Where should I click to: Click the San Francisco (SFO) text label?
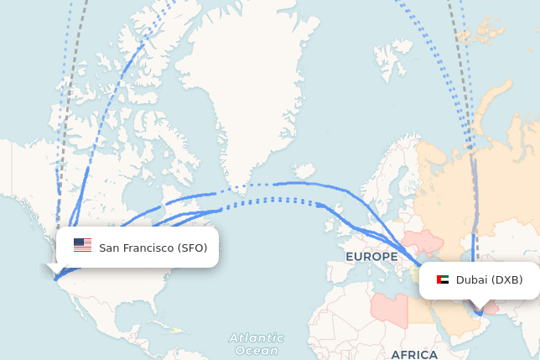click(153, 248)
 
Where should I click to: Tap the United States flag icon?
click(82, 245)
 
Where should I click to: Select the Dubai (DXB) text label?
click(489, 280)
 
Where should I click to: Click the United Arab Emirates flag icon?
click(443, 280)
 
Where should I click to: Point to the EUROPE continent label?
click(371, 257)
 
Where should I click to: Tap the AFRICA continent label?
click(414, 354)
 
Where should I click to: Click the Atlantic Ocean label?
click(257, 344)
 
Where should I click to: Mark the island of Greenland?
click(243, 109)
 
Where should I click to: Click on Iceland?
click(305, 171)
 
